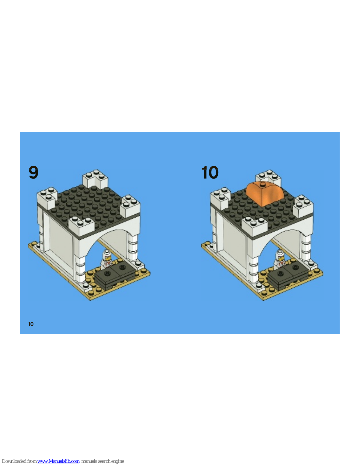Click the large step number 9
[x=33, y=172]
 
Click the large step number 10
[x=210, y=172]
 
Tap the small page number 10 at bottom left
[x=31, y=324]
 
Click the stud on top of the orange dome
[x=262, y=184]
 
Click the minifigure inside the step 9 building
[x=106, y=260]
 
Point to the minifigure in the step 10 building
[x=279, y=260]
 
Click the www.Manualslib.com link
[x=58, y=461]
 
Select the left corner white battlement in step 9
[x=47, y=198]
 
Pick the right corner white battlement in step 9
[x=130, y=205]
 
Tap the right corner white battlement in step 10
[x=303, y=205]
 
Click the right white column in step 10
[x=306, y=247]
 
